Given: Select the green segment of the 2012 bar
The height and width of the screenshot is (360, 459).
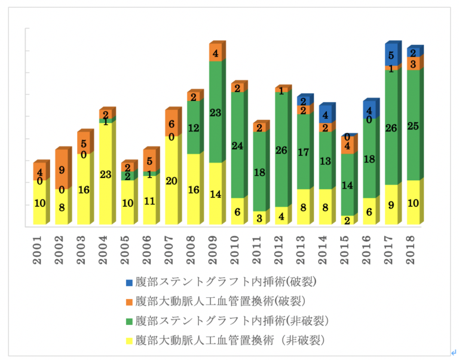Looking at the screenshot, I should [x=281, y=150].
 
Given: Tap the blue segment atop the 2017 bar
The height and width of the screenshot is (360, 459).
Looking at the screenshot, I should [x=391, y=56].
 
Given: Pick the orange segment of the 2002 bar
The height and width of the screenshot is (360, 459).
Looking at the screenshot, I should [x=62, y=170].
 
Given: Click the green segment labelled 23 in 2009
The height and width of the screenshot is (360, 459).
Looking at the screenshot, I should [x=215, y=112].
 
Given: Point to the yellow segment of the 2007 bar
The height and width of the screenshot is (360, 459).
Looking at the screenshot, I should [x=172, y=180].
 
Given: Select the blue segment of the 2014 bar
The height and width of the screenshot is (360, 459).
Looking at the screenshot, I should [x=325, y=115].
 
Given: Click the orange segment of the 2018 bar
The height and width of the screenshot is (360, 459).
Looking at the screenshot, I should [x=413, y=64].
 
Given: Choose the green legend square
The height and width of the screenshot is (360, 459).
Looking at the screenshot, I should [x=129, y=321].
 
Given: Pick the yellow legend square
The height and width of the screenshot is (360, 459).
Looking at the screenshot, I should [x=129, y=341].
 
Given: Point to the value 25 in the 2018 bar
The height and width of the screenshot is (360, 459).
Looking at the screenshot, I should [x=413, y=126].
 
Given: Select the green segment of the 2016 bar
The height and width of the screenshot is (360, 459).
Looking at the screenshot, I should [x=369, y=159].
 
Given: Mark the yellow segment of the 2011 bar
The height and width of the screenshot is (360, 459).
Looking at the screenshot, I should [x=259, y=218].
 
